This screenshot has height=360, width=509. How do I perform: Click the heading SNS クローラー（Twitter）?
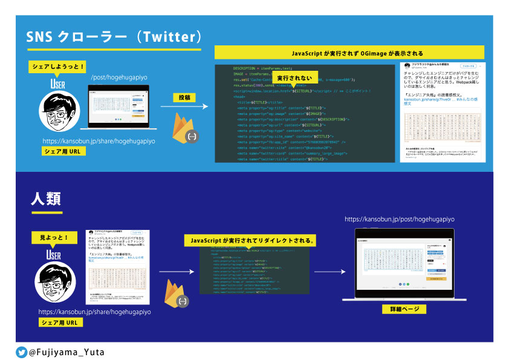point(113,37)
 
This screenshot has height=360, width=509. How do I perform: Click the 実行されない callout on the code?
point(295,79)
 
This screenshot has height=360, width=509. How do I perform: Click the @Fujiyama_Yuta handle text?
point(62,351)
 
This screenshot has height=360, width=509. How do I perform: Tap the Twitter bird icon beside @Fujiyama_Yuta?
point(21,351)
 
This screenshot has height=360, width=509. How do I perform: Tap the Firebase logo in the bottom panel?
point(175,293)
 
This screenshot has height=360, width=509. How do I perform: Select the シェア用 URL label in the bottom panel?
point(59,322)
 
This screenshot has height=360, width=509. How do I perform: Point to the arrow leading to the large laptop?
point(326,273)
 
